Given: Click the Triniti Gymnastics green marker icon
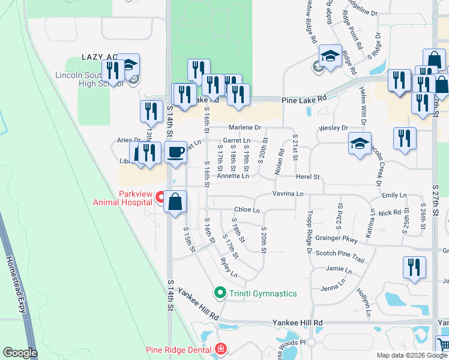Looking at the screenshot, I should click(x=220, y=293).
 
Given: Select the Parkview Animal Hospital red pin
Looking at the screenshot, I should click(x=160, y=196).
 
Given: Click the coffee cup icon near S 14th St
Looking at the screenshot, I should click(x=175, y=152).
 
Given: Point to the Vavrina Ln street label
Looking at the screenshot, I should click(x=287, y=193).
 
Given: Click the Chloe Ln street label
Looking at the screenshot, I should click(x=247, y=210).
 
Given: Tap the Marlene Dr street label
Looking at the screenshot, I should click(x=245, y=127).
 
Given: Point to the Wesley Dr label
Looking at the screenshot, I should click(x=333, y=128).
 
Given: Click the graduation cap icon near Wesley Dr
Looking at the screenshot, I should click(x=360, y=143).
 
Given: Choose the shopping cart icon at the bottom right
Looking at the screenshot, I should click(x=443, y=345).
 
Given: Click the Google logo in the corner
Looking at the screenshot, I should click(x=20, y=353).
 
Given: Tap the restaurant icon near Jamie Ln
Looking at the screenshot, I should click(x=414, y=267).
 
